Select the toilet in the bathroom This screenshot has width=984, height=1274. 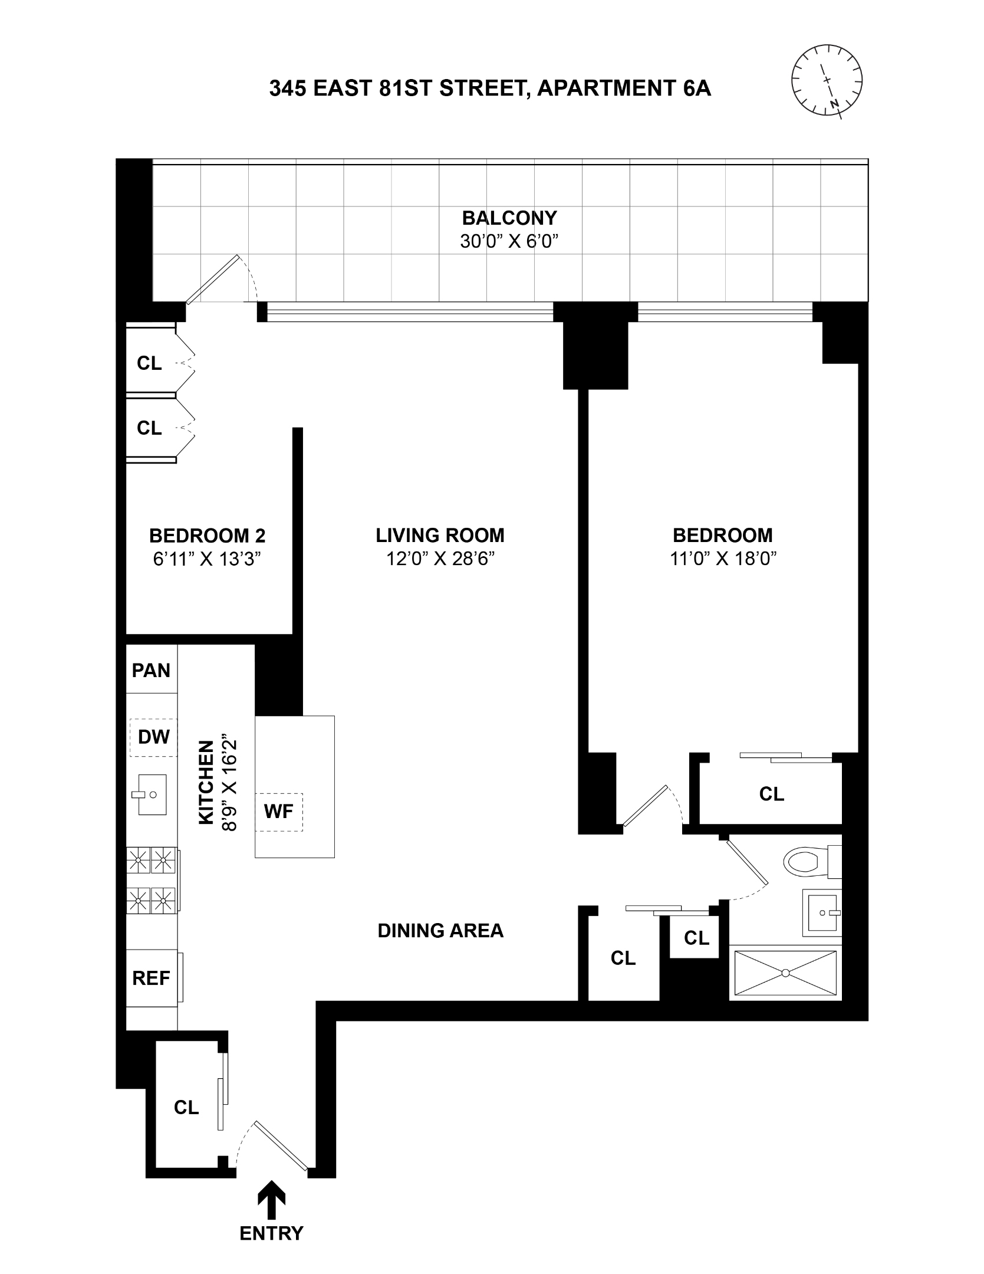(x=808, y=862)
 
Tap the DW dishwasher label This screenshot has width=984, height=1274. (x=153, y=737)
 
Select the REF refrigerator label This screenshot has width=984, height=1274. (x=151, y=979)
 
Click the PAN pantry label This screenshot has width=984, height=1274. (x=151, y=670)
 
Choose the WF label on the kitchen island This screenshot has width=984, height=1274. (x=278, y=812)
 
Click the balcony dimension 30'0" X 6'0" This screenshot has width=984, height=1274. (x=509, y=242)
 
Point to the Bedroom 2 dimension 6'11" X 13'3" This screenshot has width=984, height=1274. (x=207, y=559)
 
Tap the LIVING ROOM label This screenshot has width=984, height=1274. (x=440, y=535)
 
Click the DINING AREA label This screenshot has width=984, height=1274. (x=440, y=931)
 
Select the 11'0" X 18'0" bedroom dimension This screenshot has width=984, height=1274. (x=723, y=559)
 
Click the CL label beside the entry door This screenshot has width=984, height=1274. (x=186, y=1108)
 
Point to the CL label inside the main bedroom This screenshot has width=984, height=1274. (x=771, y=794)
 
